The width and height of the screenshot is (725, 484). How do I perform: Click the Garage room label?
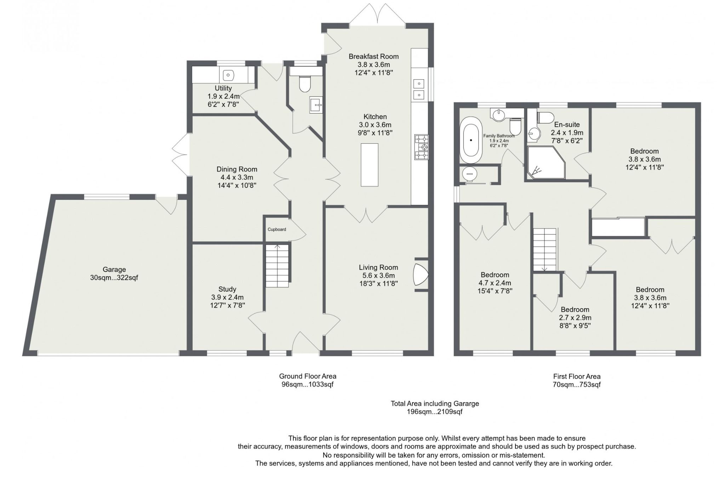[x=114, y=270]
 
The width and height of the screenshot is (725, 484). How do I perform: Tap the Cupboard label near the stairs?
[x=276, y=229]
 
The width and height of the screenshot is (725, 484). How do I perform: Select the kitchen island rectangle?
[x=369, y=165]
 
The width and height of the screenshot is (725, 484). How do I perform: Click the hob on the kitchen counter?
[x=422, y=147]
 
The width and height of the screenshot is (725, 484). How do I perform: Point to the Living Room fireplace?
[x=420, y=274]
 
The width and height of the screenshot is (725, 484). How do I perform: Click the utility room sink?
[x=228, y=75]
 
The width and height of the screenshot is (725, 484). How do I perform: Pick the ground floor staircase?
[x=277, y=266]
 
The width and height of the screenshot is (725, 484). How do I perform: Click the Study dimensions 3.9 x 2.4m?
[x=227, y=297]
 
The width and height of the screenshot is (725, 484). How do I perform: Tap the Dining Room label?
[x=237, y=169]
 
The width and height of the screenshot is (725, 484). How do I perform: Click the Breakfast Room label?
[x=373, y=56]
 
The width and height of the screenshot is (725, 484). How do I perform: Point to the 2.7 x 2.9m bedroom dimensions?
[x=575, y=318]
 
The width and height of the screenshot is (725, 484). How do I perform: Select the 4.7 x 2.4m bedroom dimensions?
[x=495, y=283]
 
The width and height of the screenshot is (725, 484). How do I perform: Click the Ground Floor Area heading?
[x=308, y=376]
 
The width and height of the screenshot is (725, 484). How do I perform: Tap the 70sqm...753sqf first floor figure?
[x=577, y=385]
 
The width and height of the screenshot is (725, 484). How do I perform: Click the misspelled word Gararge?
[x=467, y=403]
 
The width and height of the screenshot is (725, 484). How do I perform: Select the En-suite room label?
[x=567, y=125]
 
